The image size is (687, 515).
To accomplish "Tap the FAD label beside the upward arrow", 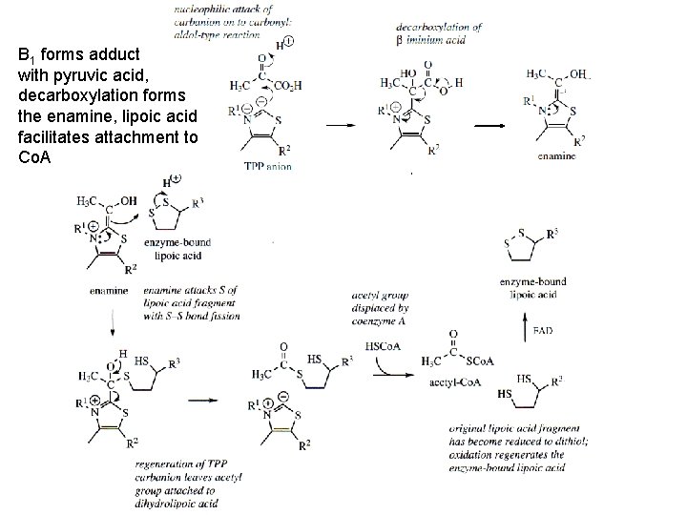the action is click(x=542, y=330).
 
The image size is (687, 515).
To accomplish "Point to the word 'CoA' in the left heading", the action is click(x=32, y=155).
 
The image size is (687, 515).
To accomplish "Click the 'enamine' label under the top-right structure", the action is click(x=555, y=154).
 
